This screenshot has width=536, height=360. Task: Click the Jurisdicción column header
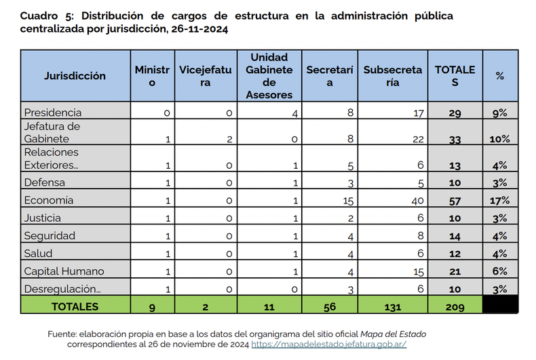pos(75,76)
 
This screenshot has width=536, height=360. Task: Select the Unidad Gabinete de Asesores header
pos(269,76)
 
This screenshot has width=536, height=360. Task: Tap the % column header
pos(500,76)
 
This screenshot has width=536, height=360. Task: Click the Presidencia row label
pos(53,113)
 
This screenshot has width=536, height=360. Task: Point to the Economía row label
pos(49,201)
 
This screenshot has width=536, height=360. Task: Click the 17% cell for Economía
pos(500,201)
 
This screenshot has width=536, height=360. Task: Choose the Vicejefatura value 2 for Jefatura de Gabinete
pos(230,139)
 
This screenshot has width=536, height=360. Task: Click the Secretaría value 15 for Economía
pos(347,201)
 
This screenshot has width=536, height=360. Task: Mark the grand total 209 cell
pos(455,307)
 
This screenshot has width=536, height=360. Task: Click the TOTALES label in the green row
pos(75,307)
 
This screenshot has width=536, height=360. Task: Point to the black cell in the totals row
pos(500,307)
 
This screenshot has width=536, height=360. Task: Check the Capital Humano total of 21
pos(455,271)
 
